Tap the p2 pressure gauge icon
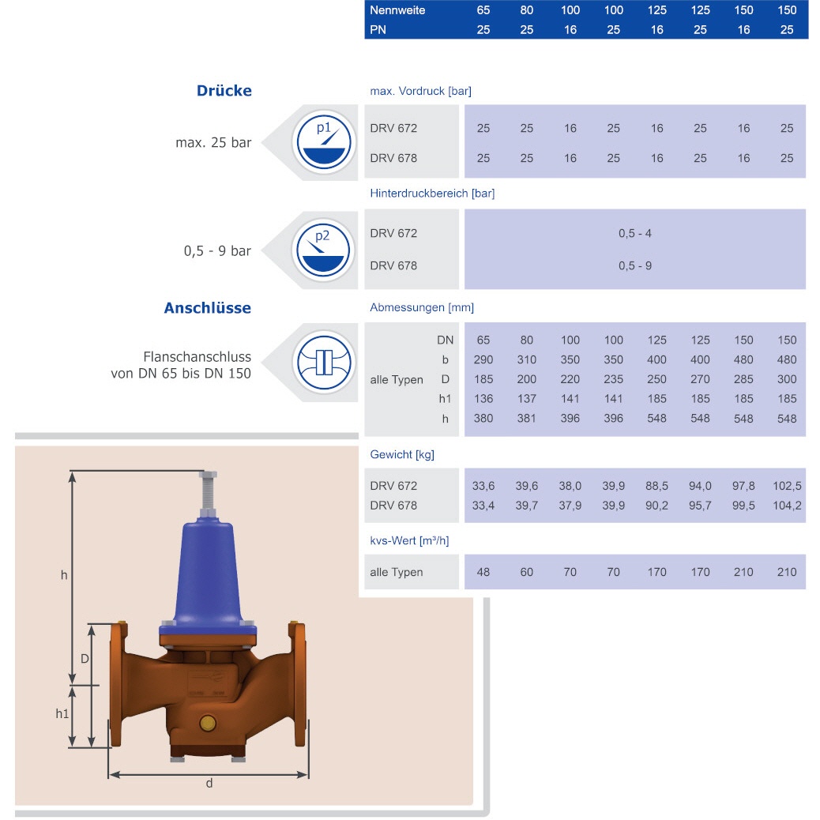pos(323,250)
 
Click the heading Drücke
pos(224,91)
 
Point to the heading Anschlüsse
pos(208,308)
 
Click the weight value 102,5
pos(787,486)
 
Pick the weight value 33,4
pos(483,506)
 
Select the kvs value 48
pos(483,572)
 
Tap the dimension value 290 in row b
pos(483,359)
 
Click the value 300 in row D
pos(787,379)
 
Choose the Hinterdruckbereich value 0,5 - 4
pos(634,233)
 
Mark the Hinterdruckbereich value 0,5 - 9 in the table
pos(634,265)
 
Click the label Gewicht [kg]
pos(402,454)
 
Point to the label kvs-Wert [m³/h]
pos(409,540)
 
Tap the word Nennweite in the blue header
pos(397,10)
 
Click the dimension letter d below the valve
pos(209,784)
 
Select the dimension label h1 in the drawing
pos(62,713)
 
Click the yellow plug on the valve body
pos(208,723)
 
